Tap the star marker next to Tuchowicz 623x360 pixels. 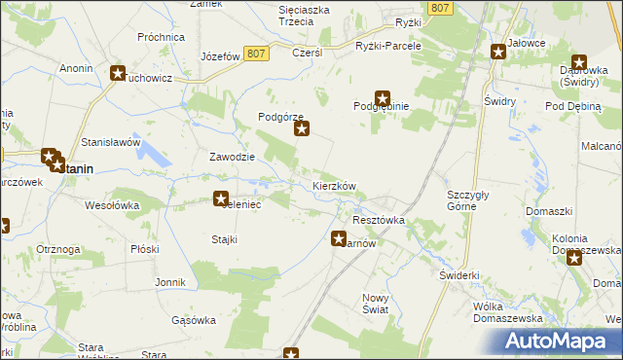(119, 73)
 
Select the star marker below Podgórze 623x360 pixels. (302, 127)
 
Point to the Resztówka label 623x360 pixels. (379, 221)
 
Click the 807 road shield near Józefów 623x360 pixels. (256, 54)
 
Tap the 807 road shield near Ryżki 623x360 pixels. (440, 8)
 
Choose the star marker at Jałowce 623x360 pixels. (498, 50)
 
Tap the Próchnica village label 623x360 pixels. (162, 37)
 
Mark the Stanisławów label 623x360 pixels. (111, 142)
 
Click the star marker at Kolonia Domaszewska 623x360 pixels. (574, 258)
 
